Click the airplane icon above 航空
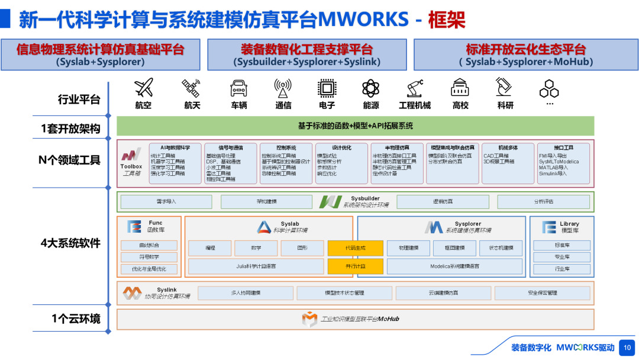click(143, 88)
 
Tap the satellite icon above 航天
click(191, 88)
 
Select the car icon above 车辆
click(238, 88)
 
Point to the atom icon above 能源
click(370, 88)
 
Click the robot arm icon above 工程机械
click(414, 88)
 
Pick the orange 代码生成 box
click(355, 248)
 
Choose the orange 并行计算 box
click(355, 266)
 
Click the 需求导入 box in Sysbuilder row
click(166, 202)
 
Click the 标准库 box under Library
click(561, 245)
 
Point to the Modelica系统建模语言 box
click(454, 266)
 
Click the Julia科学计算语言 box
click(256, 266)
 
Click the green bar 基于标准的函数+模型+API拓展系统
click(355, 126)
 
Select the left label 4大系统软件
click(70, 243)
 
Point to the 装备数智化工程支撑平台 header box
click(306, 54)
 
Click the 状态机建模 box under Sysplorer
click(501, 248)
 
